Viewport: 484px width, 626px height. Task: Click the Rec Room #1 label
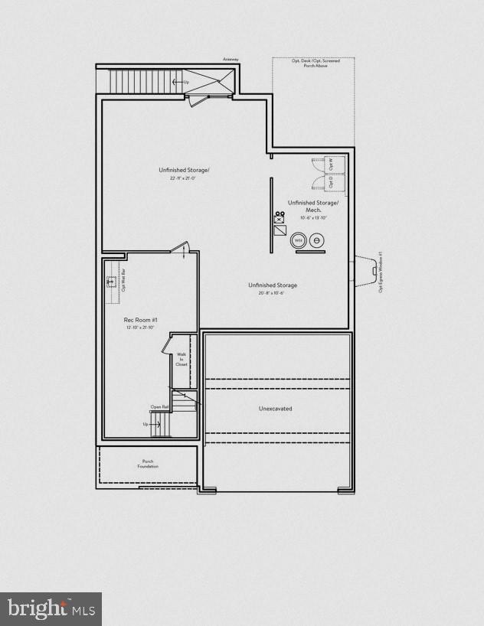[140, 319]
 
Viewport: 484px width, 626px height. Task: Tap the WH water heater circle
[299, 240]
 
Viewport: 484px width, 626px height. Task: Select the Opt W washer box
[331, 165]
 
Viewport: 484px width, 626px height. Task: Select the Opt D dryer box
[331, 183]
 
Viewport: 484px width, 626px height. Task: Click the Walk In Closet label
[181, 360]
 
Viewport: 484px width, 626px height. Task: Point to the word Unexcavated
[275, 409]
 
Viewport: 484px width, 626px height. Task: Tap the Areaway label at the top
[231, 59]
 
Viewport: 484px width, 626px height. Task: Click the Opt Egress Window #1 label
[380, 272]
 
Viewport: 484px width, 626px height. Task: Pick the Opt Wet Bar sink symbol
[110, 281]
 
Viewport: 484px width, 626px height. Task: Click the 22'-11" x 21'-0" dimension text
[183, 178]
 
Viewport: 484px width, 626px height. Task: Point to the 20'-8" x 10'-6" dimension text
[272, 293]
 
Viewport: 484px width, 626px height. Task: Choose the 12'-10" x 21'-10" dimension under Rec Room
[140, 328]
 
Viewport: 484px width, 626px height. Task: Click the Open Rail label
[159, 407]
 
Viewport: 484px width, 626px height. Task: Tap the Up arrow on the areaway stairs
[181, 81]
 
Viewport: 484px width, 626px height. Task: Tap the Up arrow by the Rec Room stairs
[146, 424]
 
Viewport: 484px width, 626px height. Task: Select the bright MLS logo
[51, 608]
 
